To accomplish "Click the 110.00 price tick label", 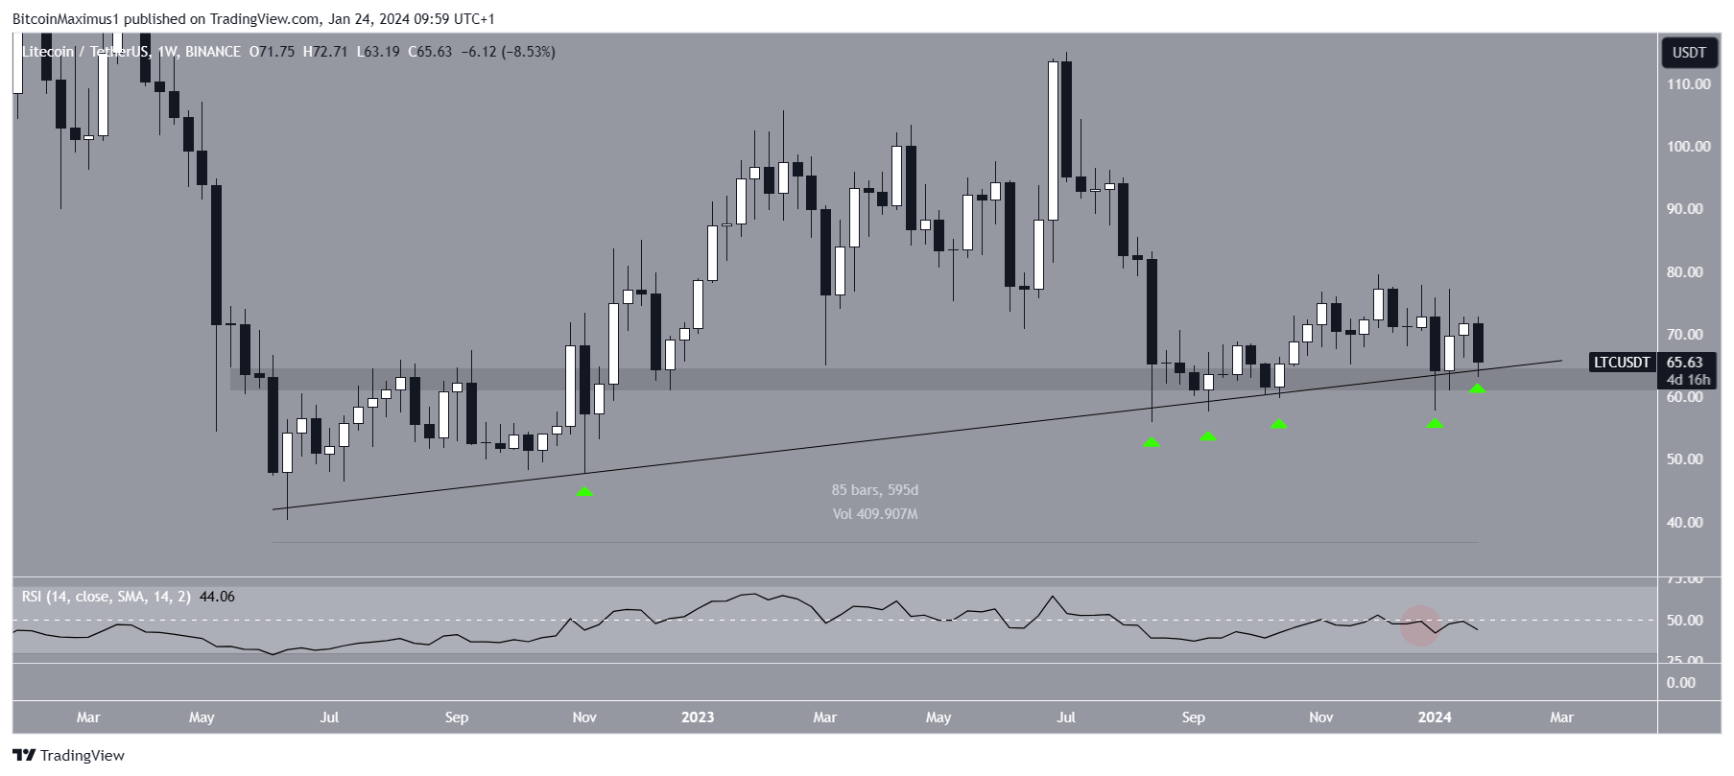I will [x=1688, y=84].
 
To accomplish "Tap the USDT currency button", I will [x=1689, y=53].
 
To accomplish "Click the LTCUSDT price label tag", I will [x=1621, y=363].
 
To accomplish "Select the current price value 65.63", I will [x=1685, y=363].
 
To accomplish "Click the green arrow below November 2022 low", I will [x=584, y=492].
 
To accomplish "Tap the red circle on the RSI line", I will [x=1420, y=625].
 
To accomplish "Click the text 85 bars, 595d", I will [x=874, y=490].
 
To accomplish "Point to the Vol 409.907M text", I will [x=874, y=514].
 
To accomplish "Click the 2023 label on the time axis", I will [x=698, y=717].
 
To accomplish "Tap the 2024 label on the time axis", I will [x=1435, y=717].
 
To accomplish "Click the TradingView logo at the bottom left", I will [x=68, y=756].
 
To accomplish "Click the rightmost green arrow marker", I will [x=1478, y=388].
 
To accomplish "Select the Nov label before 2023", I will [x=584, y=717].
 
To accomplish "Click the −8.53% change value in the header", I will [x=525, y=52].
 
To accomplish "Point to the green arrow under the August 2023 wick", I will [x=1152, y=442].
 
